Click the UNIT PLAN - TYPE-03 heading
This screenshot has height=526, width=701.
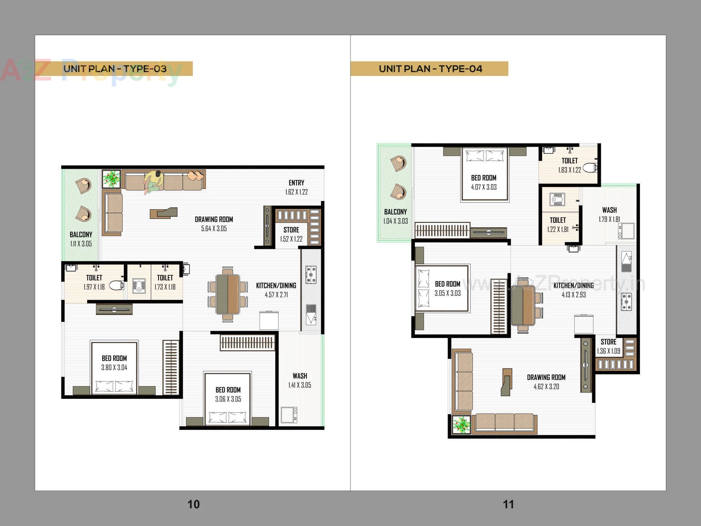tap(115, 69)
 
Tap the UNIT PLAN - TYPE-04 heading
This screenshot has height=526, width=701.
tap(430, 69)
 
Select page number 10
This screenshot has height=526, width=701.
tap(194, 504)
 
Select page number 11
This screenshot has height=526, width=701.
tap(508, 504)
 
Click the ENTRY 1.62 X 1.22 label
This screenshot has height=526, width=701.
tap(296, 187)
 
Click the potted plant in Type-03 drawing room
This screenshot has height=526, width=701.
tap(111, 179)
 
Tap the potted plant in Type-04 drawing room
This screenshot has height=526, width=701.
tap(461, 425)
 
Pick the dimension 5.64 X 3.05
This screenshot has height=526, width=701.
tap(214, 229)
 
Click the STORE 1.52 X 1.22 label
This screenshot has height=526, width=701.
tap(291, 234)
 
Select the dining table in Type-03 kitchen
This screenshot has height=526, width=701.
tap(228, 294)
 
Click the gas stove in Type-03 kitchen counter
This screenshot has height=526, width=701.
tap(311, 275)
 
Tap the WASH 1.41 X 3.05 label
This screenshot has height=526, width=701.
tap(300, 380)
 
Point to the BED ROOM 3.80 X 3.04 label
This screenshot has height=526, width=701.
tap(114, 363)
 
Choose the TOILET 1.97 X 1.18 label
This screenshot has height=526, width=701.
tap(94, 282)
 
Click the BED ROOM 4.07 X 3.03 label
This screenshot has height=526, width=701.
tap(484, 182)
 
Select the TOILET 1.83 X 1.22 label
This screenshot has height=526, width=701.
tap(570, 165)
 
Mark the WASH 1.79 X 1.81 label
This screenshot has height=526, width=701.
tap(609, 214)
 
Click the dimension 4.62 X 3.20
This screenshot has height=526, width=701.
tap(546, 386)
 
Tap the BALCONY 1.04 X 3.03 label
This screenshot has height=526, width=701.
tap(395, 216)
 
